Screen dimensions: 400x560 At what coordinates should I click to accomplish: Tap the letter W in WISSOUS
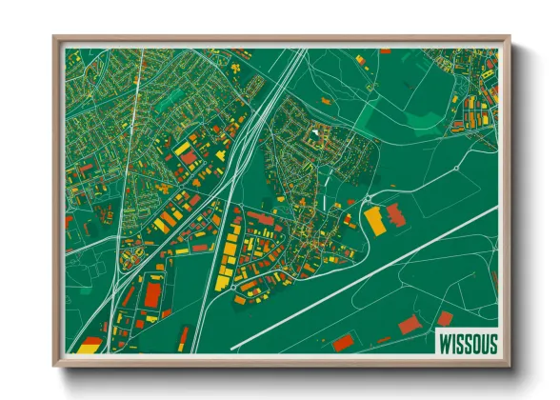[443, 342]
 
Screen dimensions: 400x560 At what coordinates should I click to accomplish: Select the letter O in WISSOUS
[471, 342]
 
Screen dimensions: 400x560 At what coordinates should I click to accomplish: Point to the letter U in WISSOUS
[481, 342]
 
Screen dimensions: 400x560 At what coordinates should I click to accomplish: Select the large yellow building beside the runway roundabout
[375, 220]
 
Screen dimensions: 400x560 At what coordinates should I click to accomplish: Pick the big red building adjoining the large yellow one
[394, 215]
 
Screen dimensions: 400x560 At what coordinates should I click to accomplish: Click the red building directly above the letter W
[445, 318]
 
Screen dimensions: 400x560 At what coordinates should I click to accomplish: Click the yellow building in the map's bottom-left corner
[88, 346]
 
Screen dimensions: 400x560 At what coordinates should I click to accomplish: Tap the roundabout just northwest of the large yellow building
[367, 198]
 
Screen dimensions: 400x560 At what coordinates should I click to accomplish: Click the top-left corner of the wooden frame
[55, 39]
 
